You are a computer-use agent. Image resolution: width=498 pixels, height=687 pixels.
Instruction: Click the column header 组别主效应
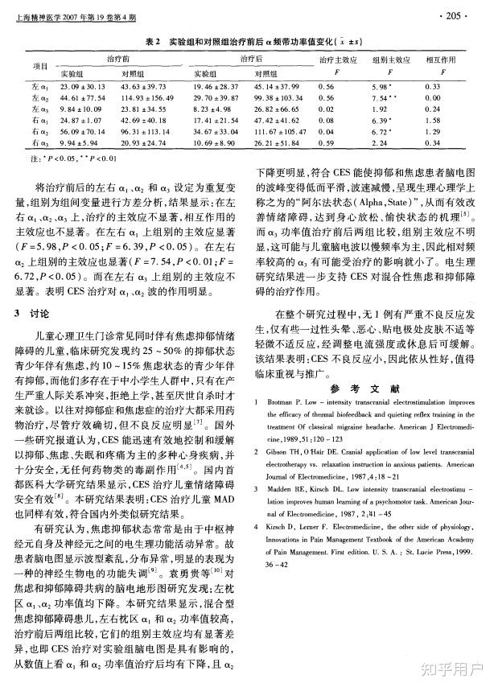(391, 60)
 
